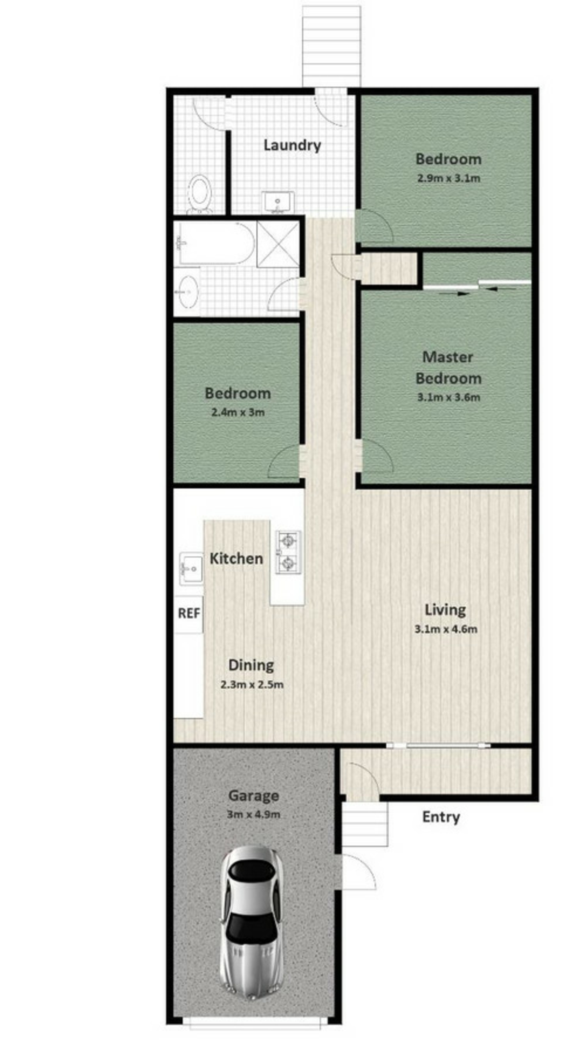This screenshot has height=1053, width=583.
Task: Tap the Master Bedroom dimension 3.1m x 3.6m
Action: point(448,397)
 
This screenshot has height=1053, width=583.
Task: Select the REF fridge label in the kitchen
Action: point(189,613)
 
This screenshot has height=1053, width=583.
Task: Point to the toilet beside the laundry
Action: point(200,194)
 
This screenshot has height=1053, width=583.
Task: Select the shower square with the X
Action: point(278,244)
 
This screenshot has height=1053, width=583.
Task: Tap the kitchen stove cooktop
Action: point(288,552)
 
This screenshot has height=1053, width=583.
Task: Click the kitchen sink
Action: point(191,569)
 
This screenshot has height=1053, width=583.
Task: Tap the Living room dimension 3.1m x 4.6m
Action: point(446,629)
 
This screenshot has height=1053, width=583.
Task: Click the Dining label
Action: point(251,665)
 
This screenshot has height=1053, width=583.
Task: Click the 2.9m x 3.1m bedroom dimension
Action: point(448,178)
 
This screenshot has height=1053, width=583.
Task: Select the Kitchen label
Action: point(236,559)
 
